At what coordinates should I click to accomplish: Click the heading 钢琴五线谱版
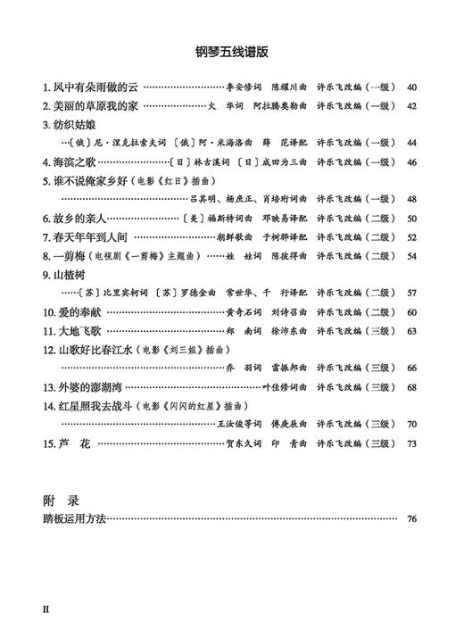pyautogui.click(x=232, y=51)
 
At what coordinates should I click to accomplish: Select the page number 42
pyautogui.click(x=411, y=106)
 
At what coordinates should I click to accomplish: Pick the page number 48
pyautogui.click(x=411, y=199)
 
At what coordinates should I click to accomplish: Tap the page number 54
pyautogui.click(x=411, y=255)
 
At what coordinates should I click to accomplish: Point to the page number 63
pyautogui.click(x=411, y=330)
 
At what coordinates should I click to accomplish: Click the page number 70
pyautogui.click(x=411, y=424)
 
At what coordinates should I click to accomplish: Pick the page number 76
pyautogui.click(x=411, y=518)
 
